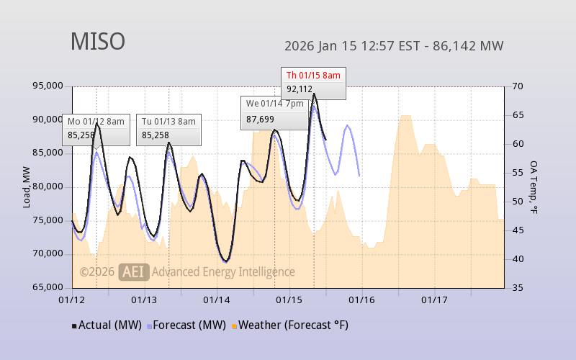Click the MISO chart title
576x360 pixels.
click(97, 42)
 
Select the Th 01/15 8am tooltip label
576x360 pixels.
click(313, 75)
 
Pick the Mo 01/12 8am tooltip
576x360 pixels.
click(96, 128)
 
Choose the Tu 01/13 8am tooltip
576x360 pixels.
click(168, 128)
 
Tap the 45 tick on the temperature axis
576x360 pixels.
click(518, 230)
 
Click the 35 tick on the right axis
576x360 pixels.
click(518, 288)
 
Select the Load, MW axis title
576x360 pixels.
click(27, 188)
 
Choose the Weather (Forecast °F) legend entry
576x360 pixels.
click(291, 325)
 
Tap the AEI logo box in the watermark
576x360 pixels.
click(134, 271)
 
